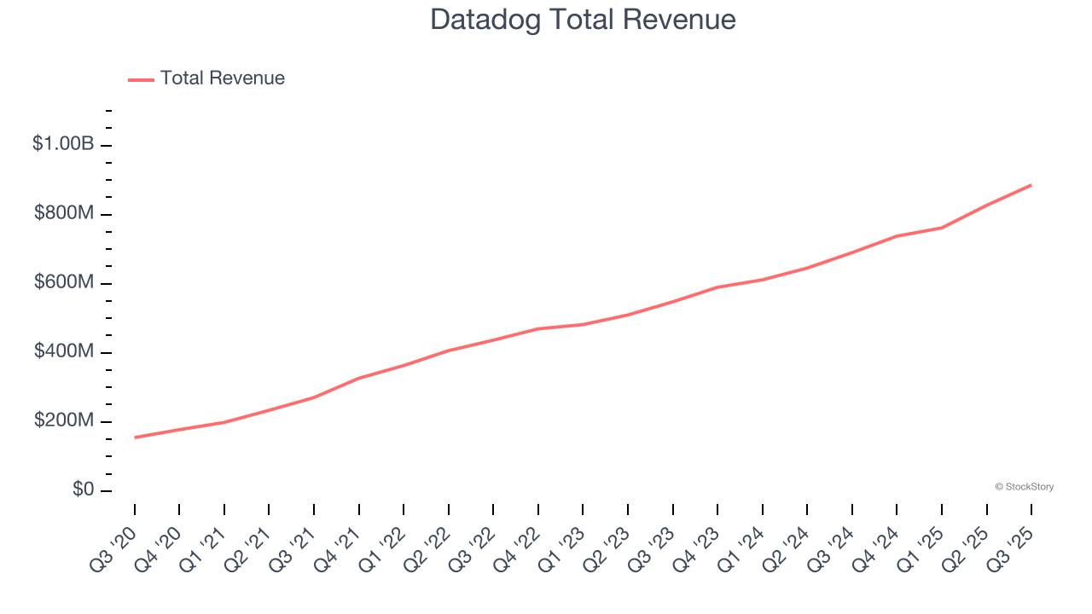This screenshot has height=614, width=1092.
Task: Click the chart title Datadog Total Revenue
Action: tap(583, 20)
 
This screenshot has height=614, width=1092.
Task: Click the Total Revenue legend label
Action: tap(222, 78)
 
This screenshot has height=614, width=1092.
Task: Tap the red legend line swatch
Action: tap(141, 79)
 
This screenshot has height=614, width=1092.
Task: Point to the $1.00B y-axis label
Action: tap(63, 144)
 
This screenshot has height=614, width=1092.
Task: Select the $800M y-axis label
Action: tap(64, 213)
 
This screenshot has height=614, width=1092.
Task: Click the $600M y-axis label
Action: tap(64, 282)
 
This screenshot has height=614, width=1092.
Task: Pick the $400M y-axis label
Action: tap(64, 351)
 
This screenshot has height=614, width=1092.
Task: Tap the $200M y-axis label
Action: tap(64, 420)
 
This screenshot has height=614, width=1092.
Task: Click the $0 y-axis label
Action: tap(84, 489)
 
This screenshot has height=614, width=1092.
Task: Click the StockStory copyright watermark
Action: tap(1024, 487)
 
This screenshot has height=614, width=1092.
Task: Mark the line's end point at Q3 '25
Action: tap(1031, 185)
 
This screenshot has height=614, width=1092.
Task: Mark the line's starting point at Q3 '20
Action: tap(135, 437)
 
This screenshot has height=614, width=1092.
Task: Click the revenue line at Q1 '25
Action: tap(942, 228)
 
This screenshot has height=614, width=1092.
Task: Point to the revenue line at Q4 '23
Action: tap(717, 287)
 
